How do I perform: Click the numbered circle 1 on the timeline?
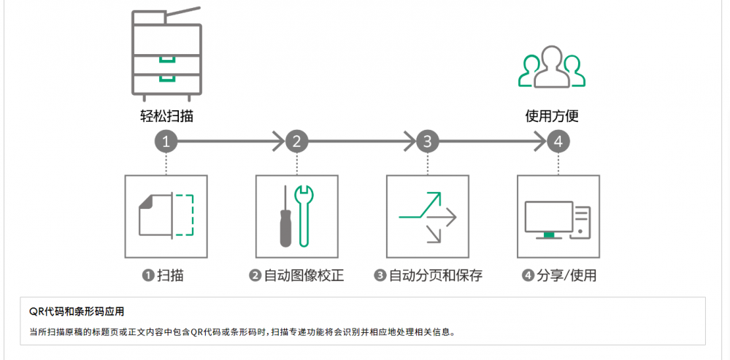point(166,142)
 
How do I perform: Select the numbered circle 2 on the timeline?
point(296,142)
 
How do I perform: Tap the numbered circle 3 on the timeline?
point(427,142)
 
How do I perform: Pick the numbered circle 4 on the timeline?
point(558,142)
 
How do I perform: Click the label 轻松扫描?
point(166,116)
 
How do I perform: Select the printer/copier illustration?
point(166,55)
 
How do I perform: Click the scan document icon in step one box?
point(166,215)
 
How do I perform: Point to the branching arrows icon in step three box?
point(427,216)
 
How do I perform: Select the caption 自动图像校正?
point(303,275)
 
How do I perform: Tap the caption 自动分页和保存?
point(434,275)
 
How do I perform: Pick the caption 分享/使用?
point(565,275)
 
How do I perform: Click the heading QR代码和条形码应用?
point(77,311)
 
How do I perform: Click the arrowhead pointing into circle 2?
point(277,142)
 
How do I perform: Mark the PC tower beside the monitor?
point(582,220)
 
